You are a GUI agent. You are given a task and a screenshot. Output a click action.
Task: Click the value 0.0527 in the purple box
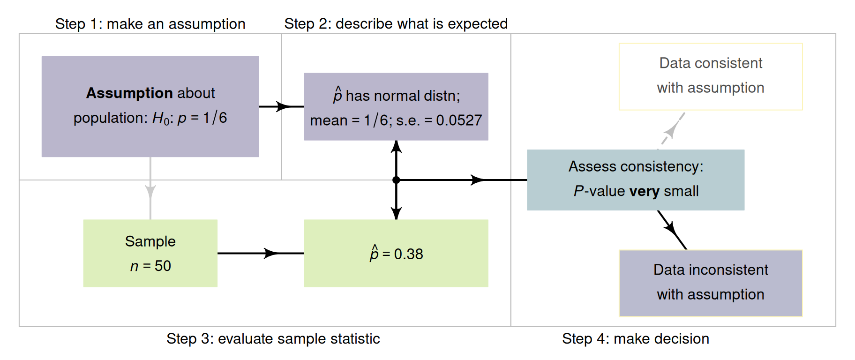458,120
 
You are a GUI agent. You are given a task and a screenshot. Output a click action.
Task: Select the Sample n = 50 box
150,253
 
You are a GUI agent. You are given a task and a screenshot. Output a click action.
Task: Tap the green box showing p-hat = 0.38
396,253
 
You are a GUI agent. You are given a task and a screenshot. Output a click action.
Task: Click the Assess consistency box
635,180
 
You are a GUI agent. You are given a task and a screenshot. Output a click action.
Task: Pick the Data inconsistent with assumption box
711,283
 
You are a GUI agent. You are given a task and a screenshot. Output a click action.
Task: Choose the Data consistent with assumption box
711,76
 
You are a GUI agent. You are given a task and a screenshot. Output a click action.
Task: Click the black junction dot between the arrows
396,180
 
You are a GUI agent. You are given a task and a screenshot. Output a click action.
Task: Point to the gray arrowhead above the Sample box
150,192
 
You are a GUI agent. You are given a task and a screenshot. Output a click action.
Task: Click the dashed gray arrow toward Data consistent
672,129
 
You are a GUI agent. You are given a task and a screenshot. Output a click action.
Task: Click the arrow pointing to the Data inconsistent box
672,230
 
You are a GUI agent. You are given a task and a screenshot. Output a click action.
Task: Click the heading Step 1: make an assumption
150,24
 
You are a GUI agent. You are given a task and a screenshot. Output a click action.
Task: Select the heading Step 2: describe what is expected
396,23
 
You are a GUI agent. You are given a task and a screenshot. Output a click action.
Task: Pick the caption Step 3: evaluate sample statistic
273,338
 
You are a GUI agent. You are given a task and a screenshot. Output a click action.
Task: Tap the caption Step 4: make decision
635,338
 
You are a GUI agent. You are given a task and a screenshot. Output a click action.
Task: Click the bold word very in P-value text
644,191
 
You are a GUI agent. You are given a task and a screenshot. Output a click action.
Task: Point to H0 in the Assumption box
160,118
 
